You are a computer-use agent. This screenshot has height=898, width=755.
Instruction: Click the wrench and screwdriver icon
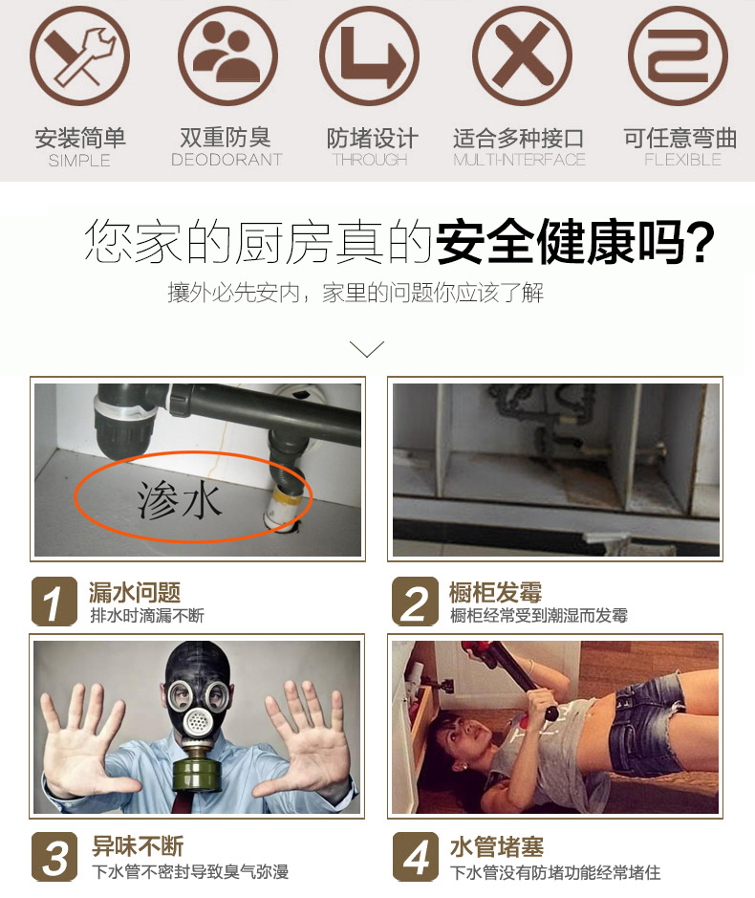pos(79,56)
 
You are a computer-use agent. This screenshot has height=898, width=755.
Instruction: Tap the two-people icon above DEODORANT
pos(227,56)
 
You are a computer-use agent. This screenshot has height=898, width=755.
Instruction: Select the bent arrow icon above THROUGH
pos(370,56)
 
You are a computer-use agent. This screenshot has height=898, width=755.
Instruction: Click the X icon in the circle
pos(522,56)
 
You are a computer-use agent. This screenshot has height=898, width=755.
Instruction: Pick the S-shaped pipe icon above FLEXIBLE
pos(679,56)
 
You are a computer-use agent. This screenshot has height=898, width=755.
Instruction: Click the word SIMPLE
pos(79,161)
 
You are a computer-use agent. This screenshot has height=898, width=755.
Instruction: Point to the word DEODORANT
pos(226,160)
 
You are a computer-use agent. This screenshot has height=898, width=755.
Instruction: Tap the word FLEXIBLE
pos(682,160)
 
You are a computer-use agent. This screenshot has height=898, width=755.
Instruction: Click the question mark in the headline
pos(701,242)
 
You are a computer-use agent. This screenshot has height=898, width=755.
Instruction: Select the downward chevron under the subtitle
pos(366,349)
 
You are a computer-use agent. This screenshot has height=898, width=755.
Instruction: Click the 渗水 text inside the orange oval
pos(179,500)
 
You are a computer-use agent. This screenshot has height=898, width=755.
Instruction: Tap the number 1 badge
pos(54,602)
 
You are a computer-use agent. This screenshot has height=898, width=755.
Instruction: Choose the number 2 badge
pos(415,602)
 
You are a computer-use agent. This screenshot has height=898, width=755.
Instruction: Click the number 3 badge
pos(54,857)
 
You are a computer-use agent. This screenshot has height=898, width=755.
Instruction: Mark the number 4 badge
pos(416,857)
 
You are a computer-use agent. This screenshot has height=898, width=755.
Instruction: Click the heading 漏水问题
pos(135,592)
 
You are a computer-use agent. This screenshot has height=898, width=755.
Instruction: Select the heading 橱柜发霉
pos(495,592)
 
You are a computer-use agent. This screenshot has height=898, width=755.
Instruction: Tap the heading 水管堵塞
pos(497,847)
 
